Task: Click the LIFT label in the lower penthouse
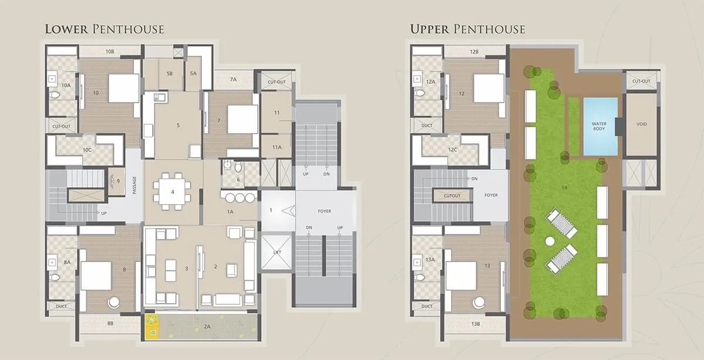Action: click(276, 252)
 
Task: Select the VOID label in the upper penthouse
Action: click(641, 124)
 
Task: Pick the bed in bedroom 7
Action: click(242, 119)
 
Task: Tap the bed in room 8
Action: click(96, 276)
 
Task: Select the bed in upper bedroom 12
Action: click(489, 89)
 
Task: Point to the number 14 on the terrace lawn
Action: click(564, 188)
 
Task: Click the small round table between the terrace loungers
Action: click(550, 241)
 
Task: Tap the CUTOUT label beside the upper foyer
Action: click(452, 196)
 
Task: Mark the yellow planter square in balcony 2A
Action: click(152, 327)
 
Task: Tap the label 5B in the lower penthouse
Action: click(170, 73)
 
